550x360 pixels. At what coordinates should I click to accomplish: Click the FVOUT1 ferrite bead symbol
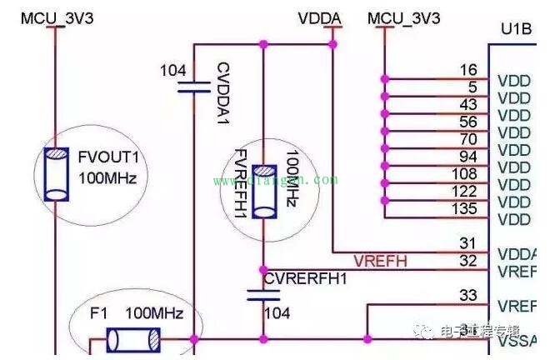click(x=57, y=173)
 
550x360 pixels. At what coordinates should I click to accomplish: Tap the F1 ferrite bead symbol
click(x=134, y=339)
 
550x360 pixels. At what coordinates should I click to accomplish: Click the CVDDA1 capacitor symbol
click(x=194, y=87)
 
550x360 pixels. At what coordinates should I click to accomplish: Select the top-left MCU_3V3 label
click(x=57, y=17)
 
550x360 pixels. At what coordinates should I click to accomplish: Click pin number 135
click(x=465, y=208)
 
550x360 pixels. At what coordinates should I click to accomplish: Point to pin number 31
click(x=467, y=243)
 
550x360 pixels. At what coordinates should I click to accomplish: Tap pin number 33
click(x=467, y=295)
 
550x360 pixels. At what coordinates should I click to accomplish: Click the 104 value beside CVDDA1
click(x=172, y=72)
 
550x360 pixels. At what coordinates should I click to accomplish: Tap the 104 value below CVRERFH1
click(x=277, y=313)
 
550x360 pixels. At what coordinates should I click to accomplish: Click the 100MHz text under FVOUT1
click(x=107, y=177)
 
